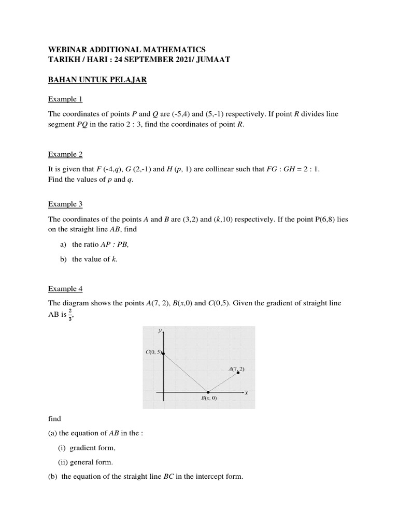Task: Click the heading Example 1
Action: [x=65, y=99]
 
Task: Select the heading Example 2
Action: [x=65, y=154]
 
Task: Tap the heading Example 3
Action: [x=65, y=204]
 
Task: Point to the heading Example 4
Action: [x=65, y=288]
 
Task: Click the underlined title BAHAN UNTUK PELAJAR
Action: [x=97, y=80]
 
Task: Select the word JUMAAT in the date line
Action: [x=211, y=60]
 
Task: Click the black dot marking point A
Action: [x=238, y=373]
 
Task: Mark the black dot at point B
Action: [x=208, y=392]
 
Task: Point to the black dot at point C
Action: [x=164, y=354]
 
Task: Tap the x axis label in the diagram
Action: [x=247, y=393]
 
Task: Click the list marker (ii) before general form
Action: [x=63, y=462]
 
